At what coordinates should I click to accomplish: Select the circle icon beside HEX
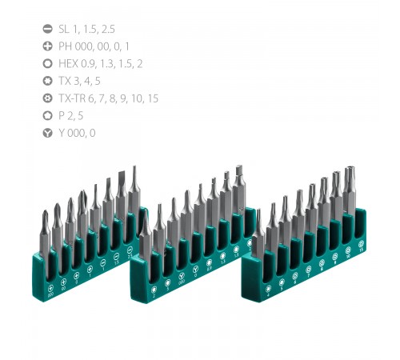click(47, 62)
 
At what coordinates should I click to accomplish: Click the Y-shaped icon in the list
click(47, 133)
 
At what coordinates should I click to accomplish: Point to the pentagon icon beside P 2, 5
click(47, 115)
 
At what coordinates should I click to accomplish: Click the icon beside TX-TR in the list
click(47, 98)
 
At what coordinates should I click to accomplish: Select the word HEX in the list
click(70, 62)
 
